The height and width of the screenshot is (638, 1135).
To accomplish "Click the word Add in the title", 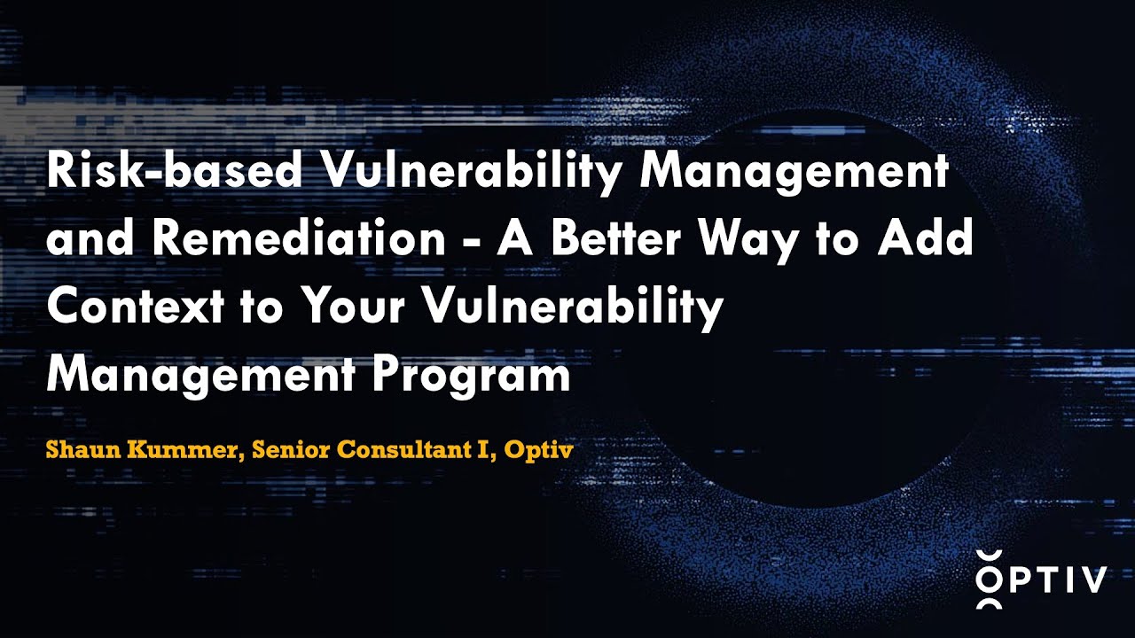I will pyautogui.click(x=931, y=239).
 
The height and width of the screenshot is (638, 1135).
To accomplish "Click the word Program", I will pyautogui.click(x=472, y=376).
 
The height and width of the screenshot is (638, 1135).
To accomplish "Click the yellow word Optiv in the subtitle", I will pyautogui.click(x=537, y=449).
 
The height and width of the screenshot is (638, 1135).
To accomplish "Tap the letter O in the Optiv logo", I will pyautogui.click(x=990, y=580).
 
